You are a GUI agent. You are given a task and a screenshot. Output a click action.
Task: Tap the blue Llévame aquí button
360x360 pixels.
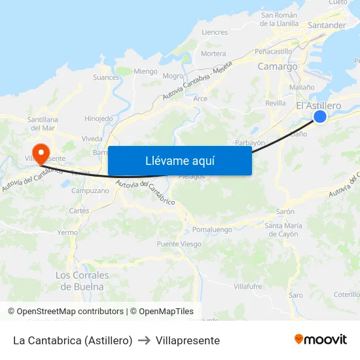179,160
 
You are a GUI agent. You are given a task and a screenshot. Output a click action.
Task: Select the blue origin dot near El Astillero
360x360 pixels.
319,116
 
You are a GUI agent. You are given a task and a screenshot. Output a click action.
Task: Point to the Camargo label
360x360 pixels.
278,66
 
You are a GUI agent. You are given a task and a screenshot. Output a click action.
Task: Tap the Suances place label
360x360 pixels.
107,77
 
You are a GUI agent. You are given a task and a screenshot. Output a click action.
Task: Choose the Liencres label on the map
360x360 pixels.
215,32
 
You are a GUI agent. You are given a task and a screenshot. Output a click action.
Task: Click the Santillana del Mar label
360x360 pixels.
43,124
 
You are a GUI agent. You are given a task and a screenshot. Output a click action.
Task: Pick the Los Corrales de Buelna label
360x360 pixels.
82,281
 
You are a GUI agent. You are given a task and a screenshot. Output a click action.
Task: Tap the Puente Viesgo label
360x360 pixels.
179,244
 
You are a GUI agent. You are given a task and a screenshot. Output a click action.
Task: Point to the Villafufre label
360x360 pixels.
248,286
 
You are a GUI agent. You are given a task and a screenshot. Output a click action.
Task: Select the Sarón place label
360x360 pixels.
285,212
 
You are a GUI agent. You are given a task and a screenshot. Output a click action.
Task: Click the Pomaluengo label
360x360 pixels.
212,230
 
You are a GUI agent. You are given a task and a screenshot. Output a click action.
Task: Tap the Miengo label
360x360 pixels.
145,71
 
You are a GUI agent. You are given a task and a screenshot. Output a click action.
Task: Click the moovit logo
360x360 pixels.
321,340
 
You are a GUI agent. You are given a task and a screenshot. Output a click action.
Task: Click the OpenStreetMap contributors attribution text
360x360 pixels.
65,312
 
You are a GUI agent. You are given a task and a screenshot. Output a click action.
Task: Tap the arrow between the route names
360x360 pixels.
145,340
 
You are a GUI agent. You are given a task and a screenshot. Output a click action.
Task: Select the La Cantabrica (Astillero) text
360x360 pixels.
73,340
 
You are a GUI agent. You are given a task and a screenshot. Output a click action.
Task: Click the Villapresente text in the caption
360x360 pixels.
188,340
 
